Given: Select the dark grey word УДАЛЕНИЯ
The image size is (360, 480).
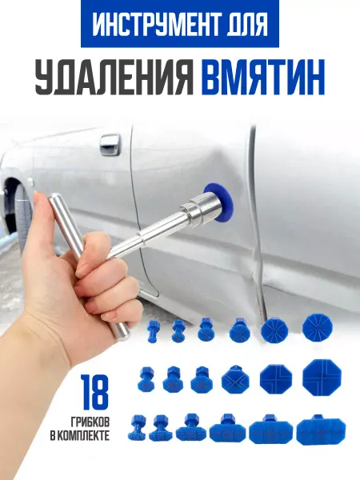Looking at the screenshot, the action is point(114,76).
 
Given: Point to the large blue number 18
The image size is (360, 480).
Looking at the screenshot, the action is point(94,394).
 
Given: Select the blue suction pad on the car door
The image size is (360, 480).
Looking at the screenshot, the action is point(222,203).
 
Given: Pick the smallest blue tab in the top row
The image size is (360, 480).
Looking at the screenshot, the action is point(152,330).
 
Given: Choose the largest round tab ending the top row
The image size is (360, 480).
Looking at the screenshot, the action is point(318,329).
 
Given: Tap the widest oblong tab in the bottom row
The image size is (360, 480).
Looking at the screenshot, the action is point(321,429).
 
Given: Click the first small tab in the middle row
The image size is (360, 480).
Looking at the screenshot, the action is point(146,379).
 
